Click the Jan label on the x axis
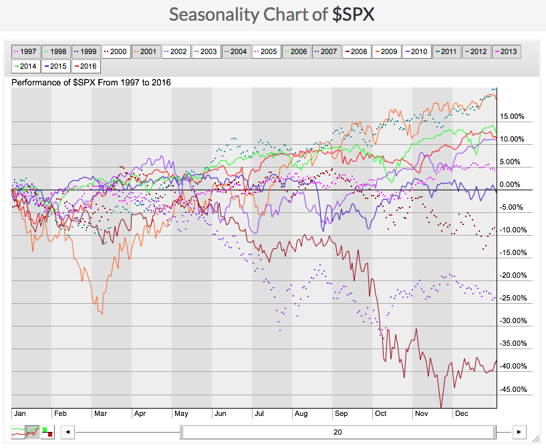[x=21, y=413]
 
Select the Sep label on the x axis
[x=341, y=413]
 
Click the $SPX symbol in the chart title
[x=354, y=14]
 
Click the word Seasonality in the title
[x=212, y=14]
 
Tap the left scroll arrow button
[x=67, y=432]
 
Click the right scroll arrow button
[x=520, y=432]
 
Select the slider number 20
[x=337, y=432]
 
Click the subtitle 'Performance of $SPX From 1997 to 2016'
[x=92, y=82]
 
